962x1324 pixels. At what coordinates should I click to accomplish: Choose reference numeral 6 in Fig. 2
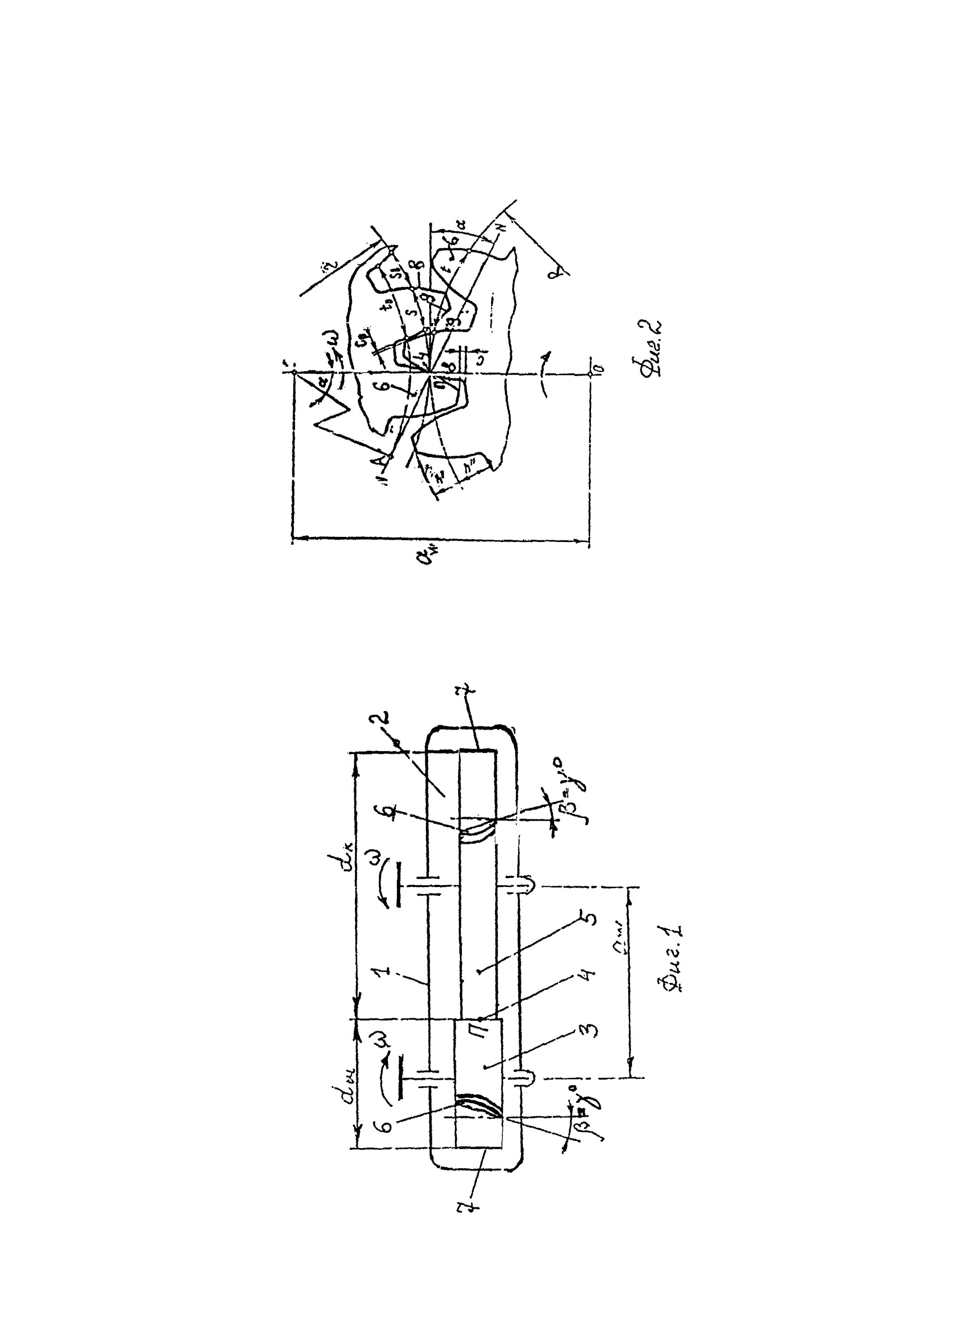[x=382, y=384]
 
